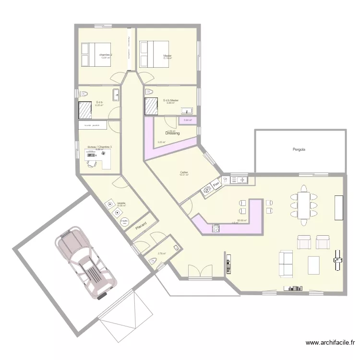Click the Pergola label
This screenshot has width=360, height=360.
point(299,150)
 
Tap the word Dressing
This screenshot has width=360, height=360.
point(172,133)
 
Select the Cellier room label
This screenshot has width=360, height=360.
point(184,172)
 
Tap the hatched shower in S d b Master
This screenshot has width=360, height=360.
point(152,106)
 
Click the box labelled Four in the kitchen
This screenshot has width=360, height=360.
point(216,183)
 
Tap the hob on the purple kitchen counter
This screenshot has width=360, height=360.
point(216,228)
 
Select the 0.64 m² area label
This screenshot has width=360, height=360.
point(188,120)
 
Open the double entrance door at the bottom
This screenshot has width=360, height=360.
point(200,273)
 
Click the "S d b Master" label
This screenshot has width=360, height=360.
point(171,100)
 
